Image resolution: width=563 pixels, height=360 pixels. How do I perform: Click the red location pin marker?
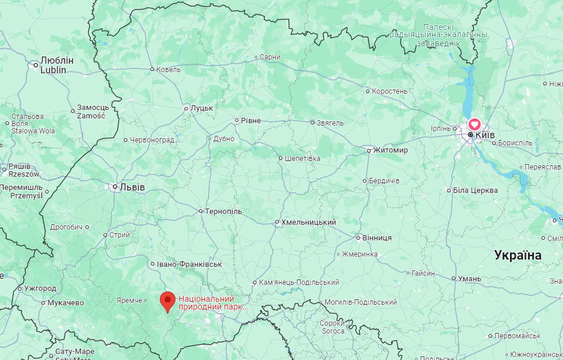167,301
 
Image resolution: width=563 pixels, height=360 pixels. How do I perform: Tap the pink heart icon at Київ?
474,124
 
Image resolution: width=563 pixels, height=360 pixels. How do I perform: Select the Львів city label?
132,187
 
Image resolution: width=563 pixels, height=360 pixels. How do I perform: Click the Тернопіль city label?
224,212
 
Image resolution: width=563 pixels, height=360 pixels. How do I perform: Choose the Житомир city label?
391,150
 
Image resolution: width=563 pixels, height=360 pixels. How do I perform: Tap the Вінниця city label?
377,238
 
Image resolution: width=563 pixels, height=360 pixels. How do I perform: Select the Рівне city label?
251,121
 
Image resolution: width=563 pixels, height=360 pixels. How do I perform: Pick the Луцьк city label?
201,108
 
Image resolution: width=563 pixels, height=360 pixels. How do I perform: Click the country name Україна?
517,255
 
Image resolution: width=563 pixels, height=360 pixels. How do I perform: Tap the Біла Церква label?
475,191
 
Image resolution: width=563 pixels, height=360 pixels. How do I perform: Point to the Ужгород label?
40,288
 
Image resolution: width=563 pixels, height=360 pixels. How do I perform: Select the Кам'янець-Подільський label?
299,282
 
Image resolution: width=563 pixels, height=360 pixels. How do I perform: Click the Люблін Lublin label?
56,65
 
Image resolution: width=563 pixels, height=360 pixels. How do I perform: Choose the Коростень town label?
389,91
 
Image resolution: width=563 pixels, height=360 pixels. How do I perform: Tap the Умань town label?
469,278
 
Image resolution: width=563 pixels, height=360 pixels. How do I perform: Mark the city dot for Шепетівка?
280,159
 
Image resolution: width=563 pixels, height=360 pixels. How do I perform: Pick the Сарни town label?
270,57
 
